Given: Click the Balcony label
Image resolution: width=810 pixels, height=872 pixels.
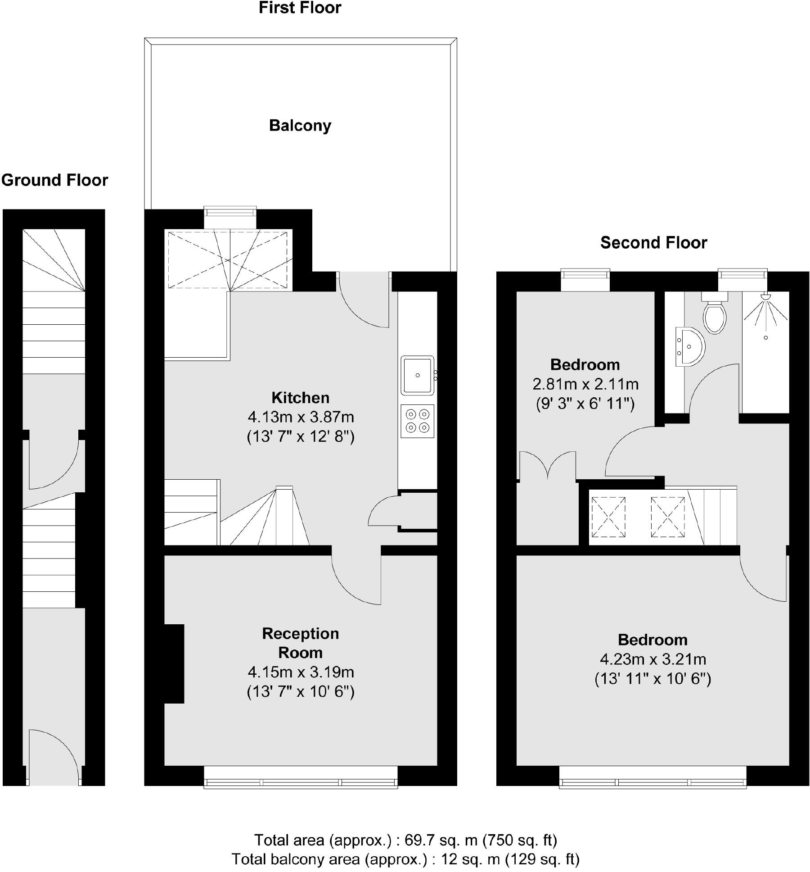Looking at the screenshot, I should click(300, 125).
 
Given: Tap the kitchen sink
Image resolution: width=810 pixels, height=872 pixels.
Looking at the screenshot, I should click(417, 375).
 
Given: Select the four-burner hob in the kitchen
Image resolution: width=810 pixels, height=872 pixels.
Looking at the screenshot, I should click(417, 421).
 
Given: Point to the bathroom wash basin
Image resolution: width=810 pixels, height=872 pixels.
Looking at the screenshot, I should click(688, 346).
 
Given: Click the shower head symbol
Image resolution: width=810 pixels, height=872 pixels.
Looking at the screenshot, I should click(765, 297).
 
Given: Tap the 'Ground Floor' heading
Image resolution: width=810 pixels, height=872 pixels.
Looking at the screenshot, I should click(54, 180).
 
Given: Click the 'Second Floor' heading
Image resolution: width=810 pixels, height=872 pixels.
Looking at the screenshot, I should click(653, 243).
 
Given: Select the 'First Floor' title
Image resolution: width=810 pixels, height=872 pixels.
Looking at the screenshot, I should click(300, 8).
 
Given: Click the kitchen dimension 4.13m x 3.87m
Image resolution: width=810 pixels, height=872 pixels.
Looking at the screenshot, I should click(301, 417).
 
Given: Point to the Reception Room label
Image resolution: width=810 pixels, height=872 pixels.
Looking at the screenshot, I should click(301, 643).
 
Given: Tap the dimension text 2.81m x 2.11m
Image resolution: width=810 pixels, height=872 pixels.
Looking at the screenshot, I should click(585, 384).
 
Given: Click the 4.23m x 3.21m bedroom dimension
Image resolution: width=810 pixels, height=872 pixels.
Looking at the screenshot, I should click(652, 659).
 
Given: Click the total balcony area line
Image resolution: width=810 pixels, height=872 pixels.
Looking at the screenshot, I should click(405, 859).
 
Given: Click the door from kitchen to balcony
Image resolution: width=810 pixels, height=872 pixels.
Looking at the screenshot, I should click(364, 300).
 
